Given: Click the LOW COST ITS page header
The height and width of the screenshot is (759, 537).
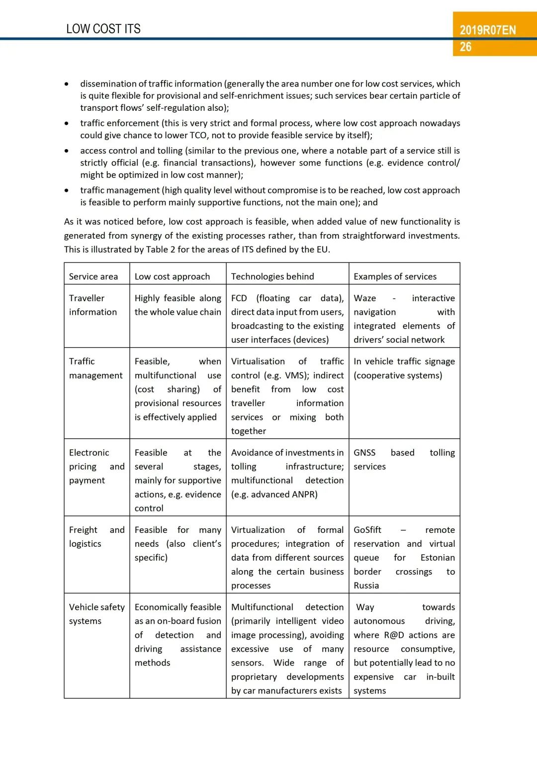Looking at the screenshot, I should [103, 29].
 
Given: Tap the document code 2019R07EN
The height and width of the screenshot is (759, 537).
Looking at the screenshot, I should [488, 30].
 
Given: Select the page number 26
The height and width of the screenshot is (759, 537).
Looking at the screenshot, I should [466, 47].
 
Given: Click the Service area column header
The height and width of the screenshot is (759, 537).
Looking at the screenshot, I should [93, 276].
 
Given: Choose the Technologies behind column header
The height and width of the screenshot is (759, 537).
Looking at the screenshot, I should [272, 276].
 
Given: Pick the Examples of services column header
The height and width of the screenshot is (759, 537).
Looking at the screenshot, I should [395, 276].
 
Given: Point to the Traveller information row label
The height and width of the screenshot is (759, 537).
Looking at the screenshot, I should [93, 305].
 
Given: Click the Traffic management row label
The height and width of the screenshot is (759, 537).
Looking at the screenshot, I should [95, 368].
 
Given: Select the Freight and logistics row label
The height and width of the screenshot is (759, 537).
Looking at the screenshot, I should [96, 537].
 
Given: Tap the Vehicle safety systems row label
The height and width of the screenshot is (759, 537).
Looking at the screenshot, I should [96, 614].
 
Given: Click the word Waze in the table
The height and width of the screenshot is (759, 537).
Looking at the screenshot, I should [364, 298].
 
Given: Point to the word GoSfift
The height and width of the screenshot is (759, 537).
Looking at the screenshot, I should [367, 530].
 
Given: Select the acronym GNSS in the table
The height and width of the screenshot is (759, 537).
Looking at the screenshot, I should [364, 453].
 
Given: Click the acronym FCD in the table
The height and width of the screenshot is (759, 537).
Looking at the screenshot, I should [239, 298].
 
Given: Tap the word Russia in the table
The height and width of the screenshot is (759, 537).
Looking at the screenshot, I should [366, 586].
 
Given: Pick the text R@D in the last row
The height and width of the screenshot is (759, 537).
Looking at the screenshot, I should [394, 635].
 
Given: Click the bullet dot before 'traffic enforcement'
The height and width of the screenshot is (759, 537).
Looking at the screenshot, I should [67, 123].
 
